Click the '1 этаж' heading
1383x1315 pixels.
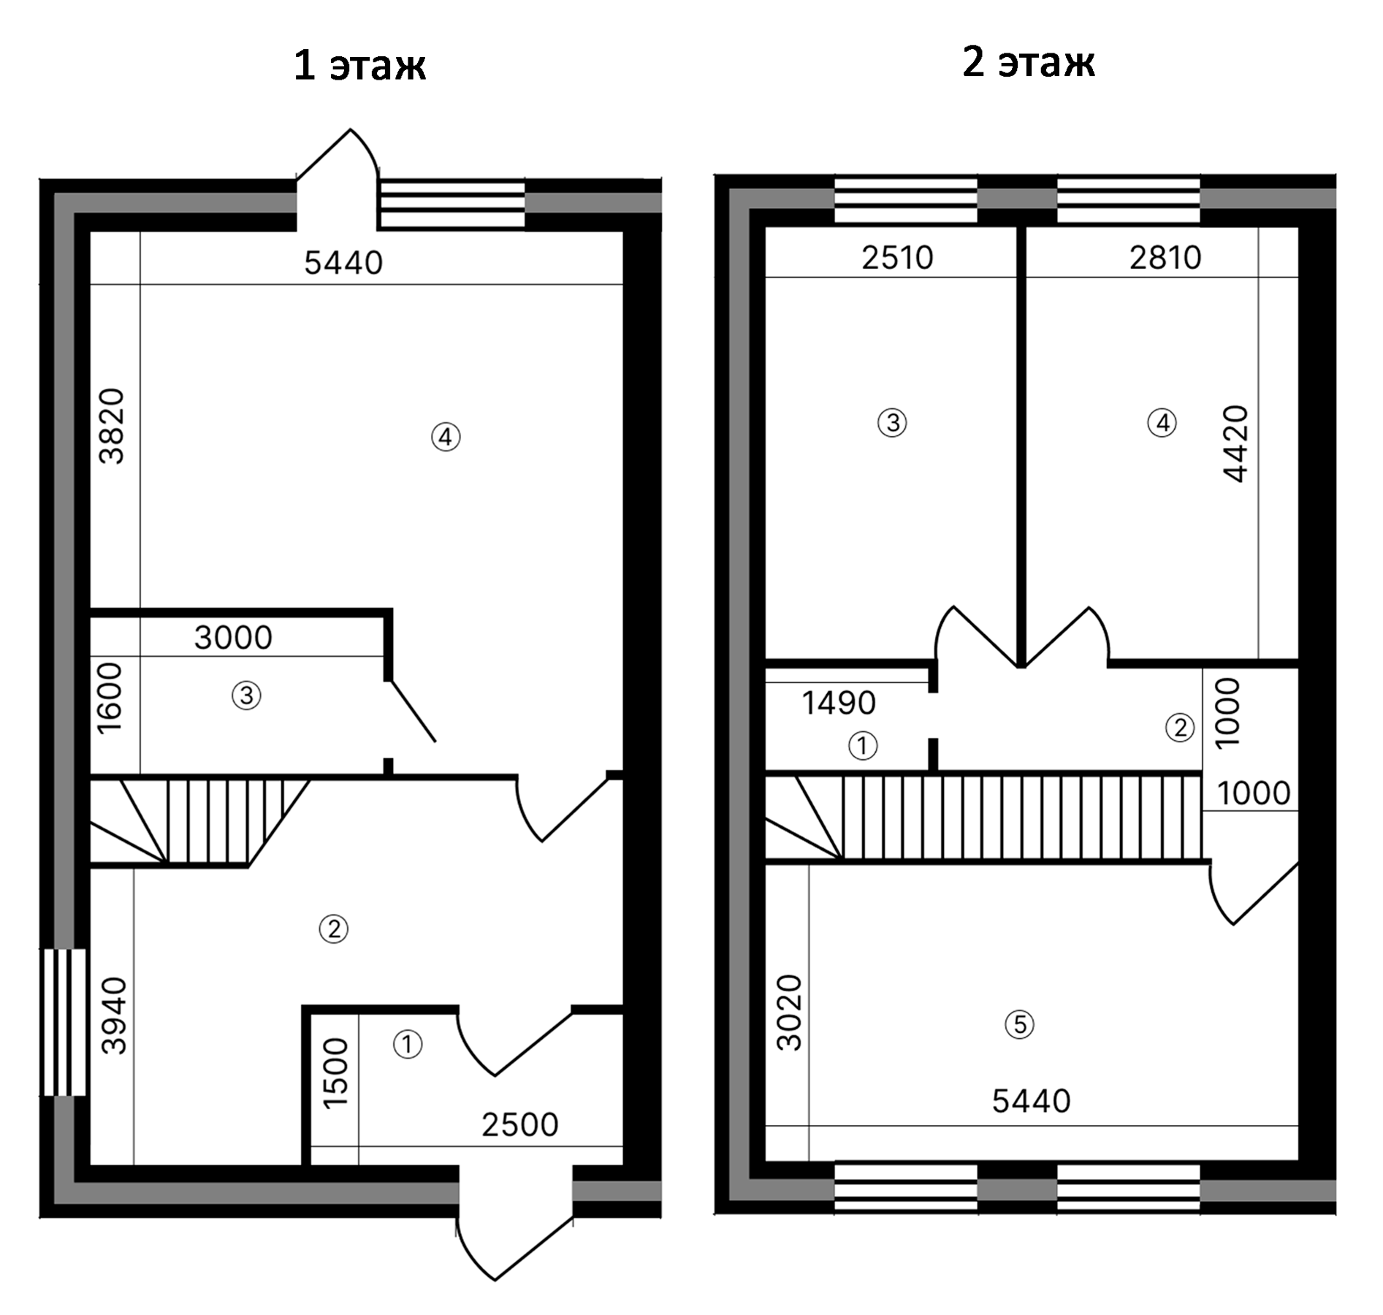359,65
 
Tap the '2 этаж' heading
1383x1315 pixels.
1028,61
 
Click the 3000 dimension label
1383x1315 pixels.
233,638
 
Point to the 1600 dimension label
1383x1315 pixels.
110,698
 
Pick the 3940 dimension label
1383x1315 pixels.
114,1016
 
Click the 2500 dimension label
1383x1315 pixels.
519,1125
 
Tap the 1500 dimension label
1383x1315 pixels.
335,1074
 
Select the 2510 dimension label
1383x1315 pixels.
897,258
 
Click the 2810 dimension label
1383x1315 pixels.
1165,258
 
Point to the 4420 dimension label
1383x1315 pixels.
1235,443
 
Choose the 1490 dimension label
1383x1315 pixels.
838,703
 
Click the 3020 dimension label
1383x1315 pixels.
789,1013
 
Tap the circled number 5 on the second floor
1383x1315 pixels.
1019,1024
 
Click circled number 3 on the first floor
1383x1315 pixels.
246,695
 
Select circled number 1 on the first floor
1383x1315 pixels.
408,1044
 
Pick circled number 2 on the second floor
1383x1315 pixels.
1179,728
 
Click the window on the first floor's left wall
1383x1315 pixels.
65,1021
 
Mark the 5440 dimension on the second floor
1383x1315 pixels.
1031,1101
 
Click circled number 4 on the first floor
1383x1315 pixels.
446,437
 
